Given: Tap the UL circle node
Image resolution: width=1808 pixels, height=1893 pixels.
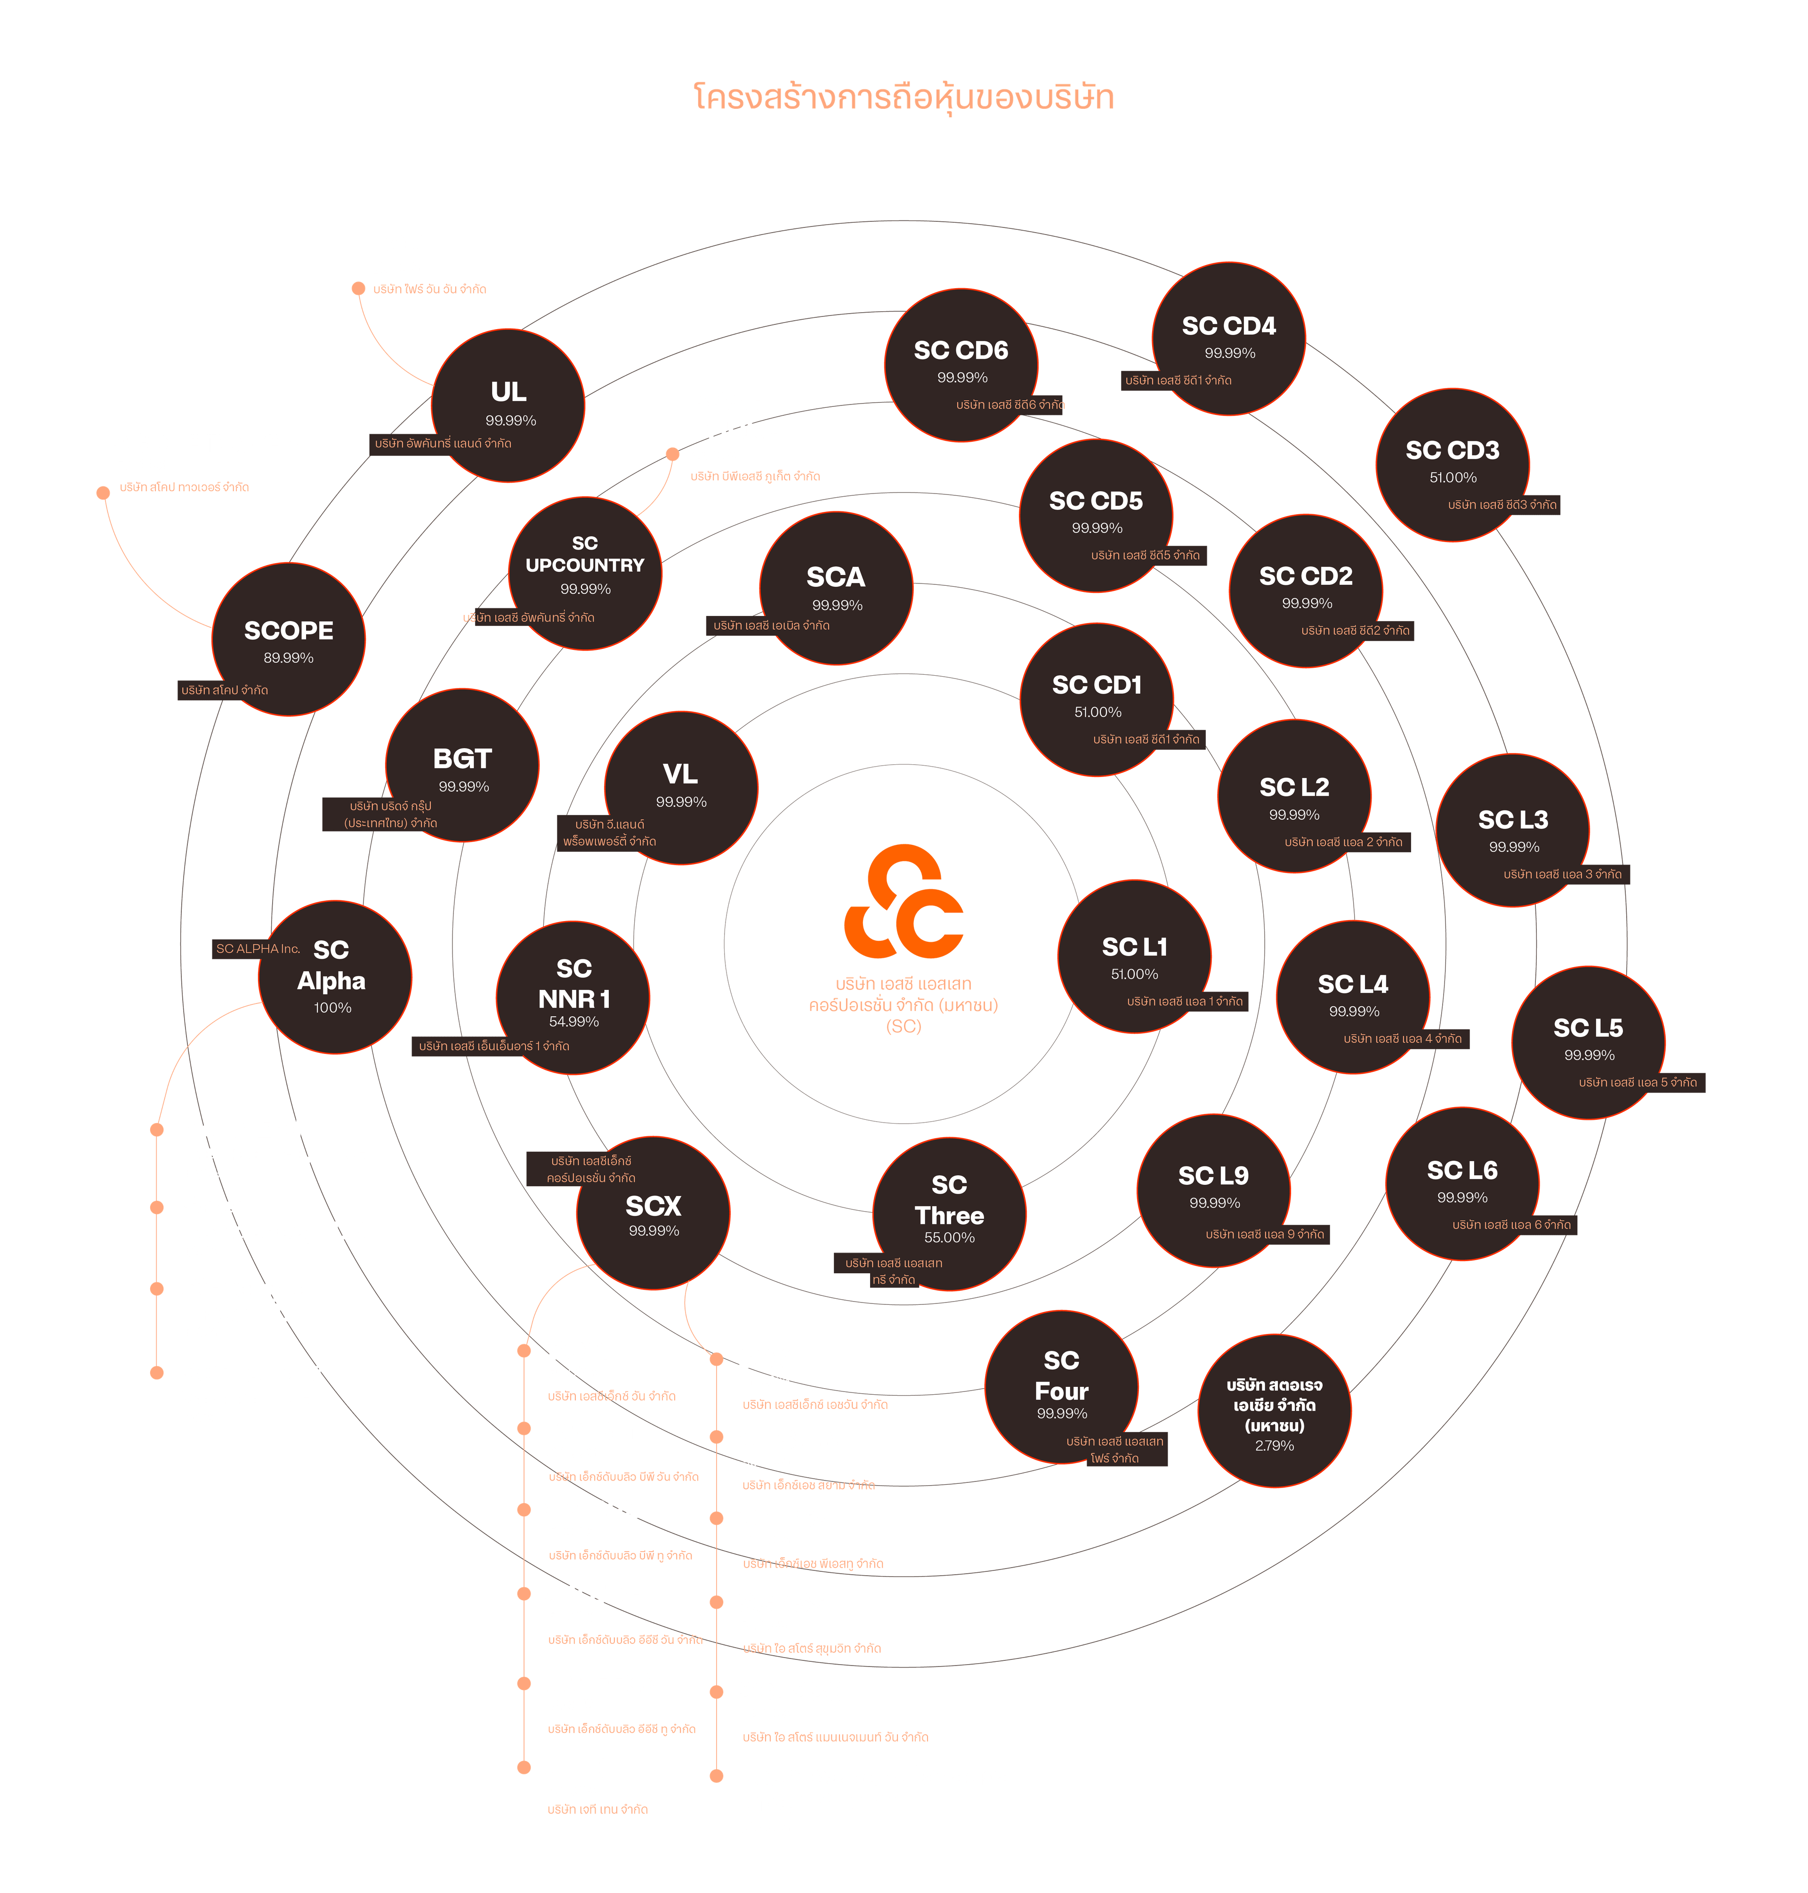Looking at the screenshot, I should (x=508, y=405).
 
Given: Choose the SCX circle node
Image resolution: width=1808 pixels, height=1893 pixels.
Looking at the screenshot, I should (x=653, y=1213).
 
